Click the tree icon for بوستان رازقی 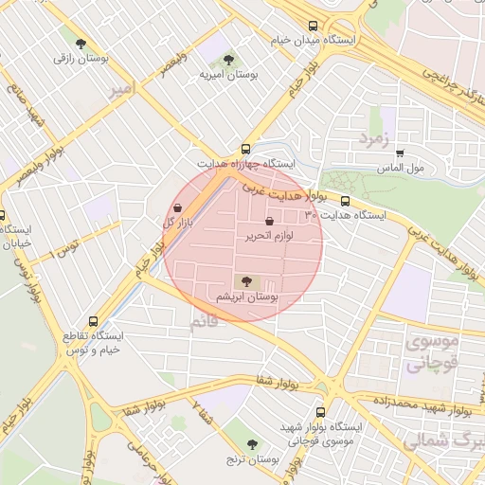(x=81, y=44)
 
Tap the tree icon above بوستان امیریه (x=227, y=59)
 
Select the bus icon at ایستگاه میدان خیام (x=314, y=27)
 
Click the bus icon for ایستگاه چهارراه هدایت (x=245, y=149)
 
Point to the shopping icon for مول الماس (x=400, y=153)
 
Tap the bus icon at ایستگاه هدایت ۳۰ (x=345, y=201)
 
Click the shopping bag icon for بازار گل (x=179, y=207)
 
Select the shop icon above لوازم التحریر (x=270, y=221)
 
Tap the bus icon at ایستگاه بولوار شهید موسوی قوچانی (x=320, y=412)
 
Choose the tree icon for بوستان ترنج (x=252, y=443)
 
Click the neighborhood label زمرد (x=374, y=139)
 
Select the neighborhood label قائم (x=203, y=323)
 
